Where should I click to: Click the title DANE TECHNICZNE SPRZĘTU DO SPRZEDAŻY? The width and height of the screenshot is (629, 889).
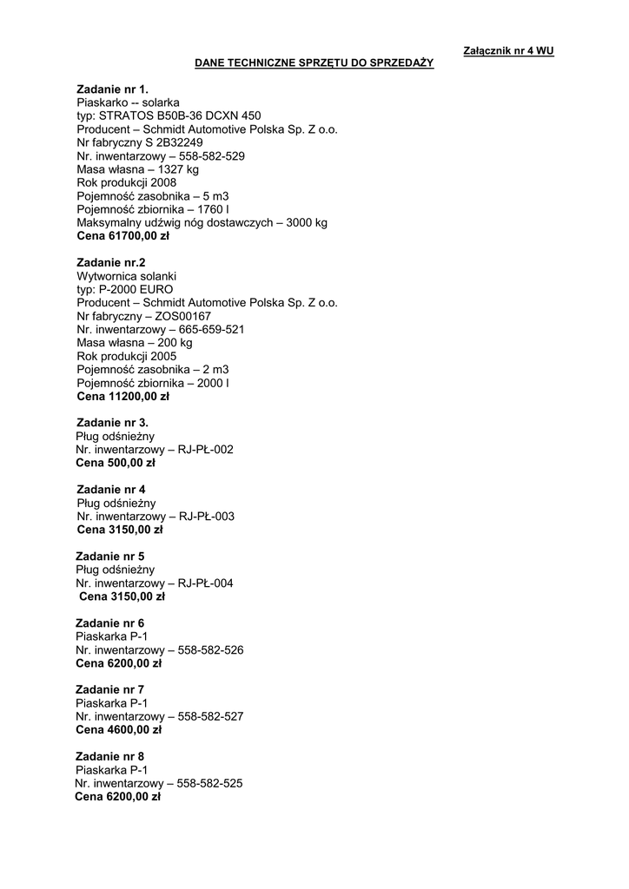click(x=314, y=63)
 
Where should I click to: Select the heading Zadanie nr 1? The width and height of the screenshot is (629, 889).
click(x=112, y=89)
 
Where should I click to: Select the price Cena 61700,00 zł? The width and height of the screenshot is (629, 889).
click(x=123, y=235)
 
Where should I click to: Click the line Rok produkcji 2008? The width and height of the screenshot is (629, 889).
click(x=126, y=182)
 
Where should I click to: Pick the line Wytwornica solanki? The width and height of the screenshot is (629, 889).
click(x=126, y=276)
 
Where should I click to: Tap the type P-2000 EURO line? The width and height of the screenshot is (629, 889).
click(x=125, y=289)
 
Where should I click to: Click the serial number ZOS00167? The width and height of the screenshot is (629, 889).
click(x=182, y=316)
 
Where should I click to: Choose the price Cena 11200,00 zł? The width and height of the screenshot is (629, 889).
click(x=123, y=396)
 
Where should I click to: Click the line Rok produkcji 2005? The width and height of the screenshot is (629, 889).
click(x=126, y=356)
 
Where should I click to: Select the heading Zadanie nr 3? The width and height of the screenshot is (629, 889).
click(x=112, y=423)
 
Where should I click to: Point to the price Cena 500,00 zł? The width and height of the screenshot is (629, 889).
click(x=116, y=463)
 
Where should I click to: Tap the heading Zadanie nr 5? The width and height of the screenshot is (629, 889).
click(x=110, y=556)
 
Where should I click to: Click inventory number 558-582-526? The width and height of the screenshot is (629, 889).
click(x=210, y=649)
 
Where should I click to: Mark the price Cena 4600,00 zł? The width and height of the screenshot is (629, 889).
click(x=119, y=729)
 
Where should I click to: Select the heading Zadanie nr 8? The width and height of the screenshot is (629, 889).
click(x=110, y=756)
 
